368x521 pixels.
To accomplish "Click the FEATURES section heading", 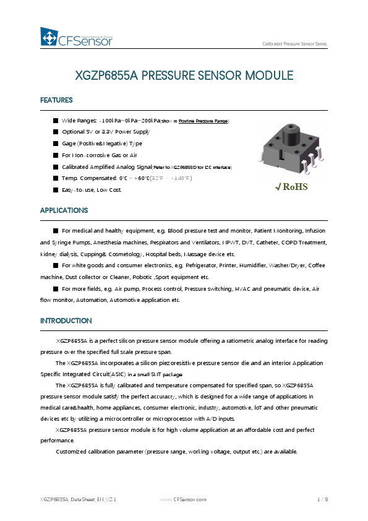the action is tap(56, 100).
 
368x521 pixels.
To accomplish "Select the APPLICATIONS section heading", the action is tap(64, 210).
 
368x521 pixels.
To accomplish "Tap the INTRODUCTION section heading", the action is tap(66, 321).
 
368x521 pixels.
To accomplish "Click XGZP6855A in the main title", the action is tap(106, 76).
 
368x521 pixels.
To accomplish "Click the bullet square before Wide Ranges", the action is tap(56, 121).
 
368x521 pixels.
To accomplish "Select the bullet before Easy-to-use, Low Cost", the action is tap(56, 190).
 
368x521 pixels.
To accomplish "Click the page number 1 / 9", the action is tap(322, 499).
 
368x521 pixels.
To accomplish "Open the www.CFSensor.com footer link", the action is tap(183, 499).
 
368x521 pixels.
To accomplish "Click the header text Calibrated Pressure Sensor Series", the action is tap(294, 44).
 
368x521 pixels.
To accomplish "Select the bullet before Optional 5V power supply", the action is tap(56, 132).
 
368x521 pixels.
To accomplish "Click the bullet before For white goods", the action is tap(56, 265).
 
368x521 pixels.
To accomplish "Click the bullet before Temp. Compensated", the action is tap(56, 178).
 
